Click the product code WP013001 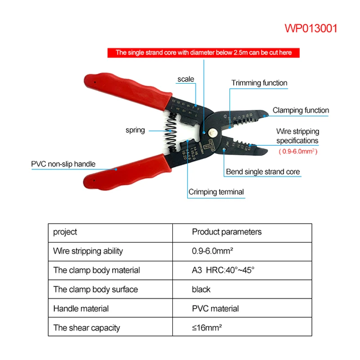tap(310, 28)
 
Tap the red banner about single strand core tap(203, 53)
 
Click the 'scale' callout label tap(185, 79)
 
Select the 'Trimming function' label tap(259, 83)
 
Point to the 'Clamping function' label tap(301, 110)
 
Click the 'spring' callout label tap(135, 130)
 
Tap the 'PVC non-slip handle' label tap(63, 164)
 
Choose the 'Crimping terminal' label tap(216, 192)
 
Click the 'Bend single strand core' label tap(263, 172)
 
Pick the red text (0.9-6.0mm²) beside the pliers tap(298, 152)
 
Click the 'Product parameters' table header tap(226, 232)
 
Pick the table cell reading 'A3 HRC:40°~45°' tap(223, 270)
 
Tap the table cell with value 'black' tap(201, 289)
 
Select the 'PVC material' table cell tap(215, 309)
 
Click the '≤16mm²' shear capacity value tap(207, 328)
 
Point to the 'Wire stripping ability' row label tap(88, 251)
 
